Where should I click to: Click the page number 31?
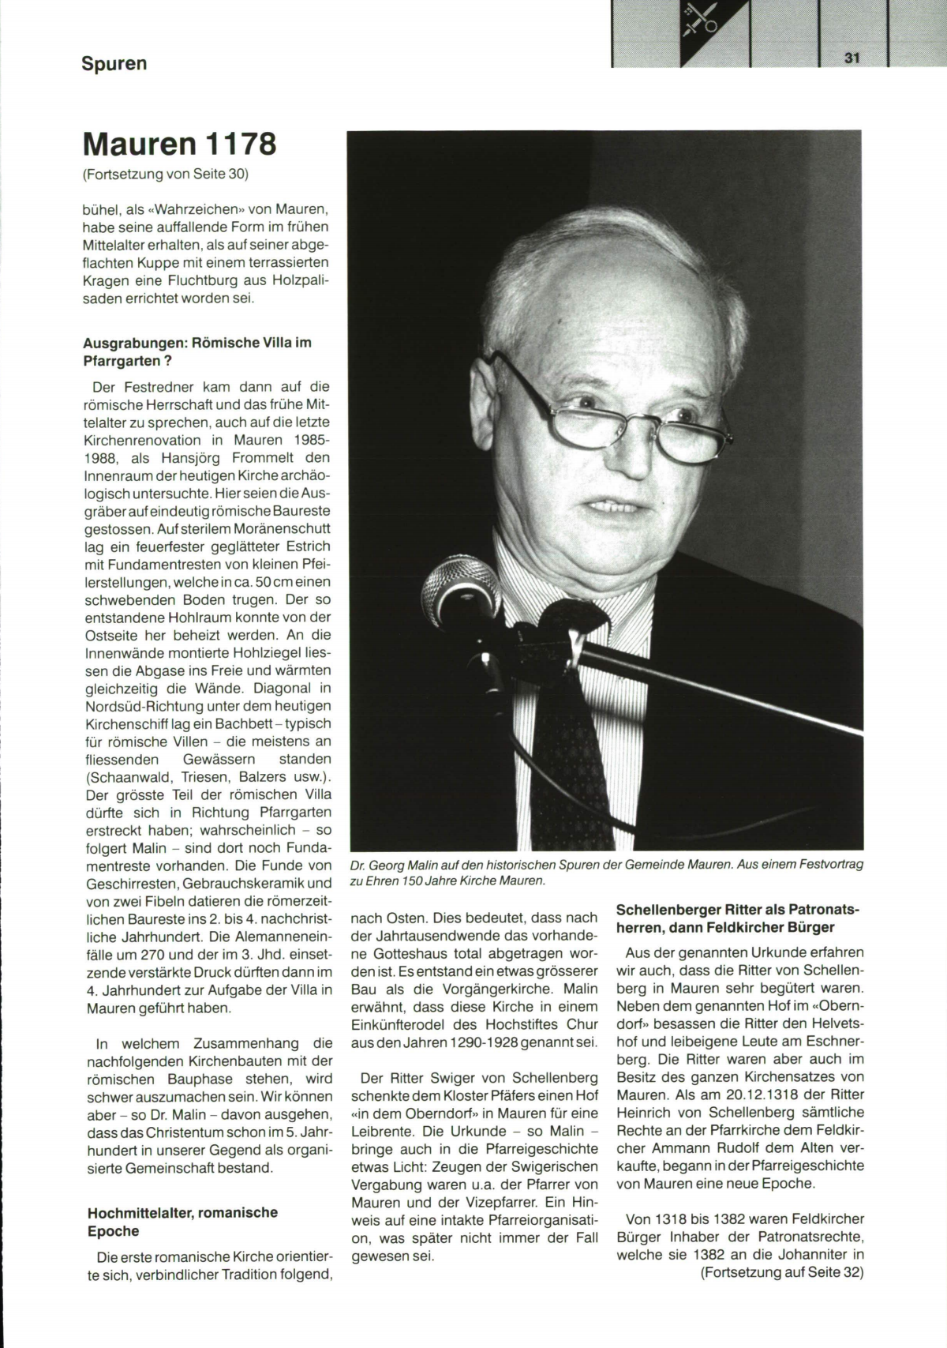point(851,58)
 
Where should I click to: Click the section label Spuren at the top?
point(114,64)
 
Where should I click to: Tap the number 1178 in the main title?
point(241,145)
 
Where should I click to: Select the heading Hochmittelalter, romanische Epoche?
point(182,1222)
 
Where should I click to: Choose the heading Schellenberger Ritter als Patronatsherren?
point(738,918)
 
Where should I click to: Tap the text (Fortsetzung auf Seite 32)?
point(782,1272)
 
